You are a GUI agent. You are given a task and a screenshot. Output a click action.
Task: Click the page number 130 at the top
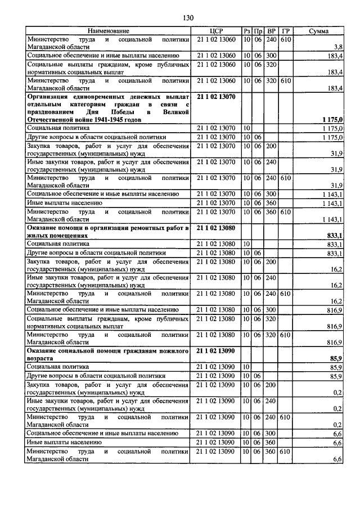click(x=188, y=18)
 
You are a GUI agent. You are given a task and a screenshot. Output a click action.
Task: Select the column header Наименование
click(x=108, y=31)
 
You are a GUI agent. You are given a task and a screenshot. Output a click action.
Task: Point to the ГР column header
click(x=286, y=31)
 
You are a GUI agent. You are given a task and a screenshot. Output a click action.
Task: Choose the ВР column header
click(x=272, y=31)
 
